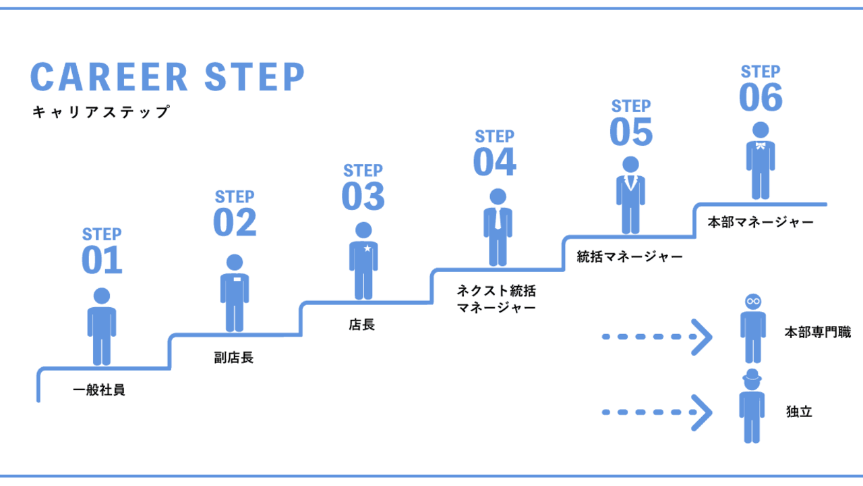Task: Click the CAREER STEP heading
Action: point(168,77)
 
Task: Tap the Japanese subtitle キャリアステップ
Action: point(101,112)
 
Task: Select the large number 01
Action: point(102,261)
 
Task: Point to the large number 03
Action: point(363,196)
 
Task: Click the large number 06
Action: point(761,97)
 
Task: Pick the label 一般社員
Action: point(99,390)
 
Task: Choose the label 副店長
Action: point(233,358)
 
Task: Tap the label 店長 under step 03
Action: point(362,325)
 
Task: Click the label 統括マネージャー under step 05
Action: point(630,256)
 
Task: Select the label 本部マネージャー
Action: point(761,222)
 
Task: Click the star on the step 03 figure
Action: point(367,248)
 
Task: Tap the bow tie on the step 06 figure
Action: point(761,146)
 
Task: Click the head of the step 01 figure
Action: point(102,296)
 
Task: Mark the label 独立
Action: point(799,411)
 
